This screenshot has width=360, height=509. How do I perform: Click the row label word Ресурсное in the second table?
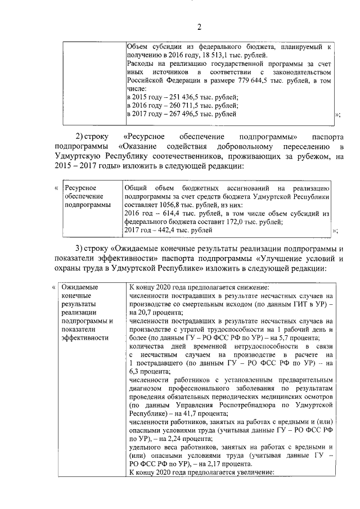click(x=80, y=188)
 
